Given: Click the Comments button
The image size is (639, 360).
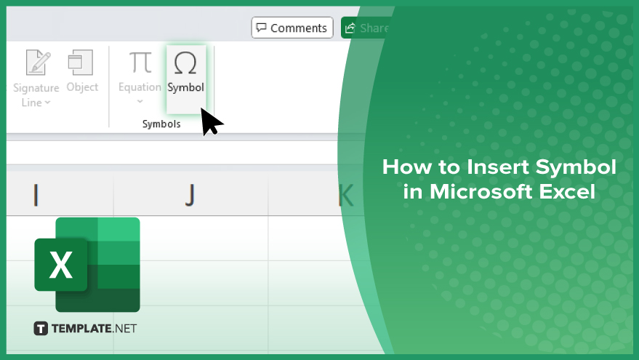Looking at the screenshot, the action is point(292,28).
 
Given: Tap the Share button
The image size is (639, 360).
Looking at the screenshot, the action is point(365,28).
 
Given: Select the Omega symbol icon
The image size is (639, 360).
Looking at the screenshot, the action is point(185,63).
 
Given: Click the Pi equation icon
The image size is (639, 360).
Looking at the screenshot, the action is point(140,63).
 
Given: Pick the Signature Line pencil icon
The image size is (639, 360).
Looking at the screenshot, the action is point(39,63).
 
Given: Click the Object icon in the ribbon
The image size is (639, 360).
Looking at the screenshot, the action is point(81,63).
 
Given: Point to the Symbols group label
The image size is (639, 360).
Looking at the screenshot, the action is point(161,124).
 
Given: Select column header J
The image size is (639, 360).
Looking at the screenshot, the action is point(190,196).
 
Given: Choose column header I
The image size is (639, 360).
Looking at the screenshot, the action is point(36,196).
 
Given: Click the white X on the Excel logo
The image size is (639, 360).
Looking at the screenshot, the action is point(61,265).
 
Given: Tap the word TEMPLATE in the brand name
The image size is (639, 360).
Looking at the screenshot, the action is point(81,329).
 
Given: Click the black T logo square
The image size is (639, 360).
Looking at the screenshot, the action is point(41,329).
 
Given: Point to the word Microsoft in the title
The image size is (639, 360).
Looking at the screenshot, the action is point(481,191).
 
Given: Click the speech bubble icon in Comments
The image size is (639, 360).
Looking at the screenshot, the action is point(261,28).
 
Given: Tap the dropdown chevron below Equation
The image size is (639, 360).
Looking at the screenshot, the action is point(140,101).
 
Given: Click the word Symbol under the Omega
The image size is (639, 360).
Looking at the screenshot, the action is point(186,87).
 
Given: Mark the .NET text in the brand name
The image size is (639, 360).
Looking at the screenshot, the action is point(124,329).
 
